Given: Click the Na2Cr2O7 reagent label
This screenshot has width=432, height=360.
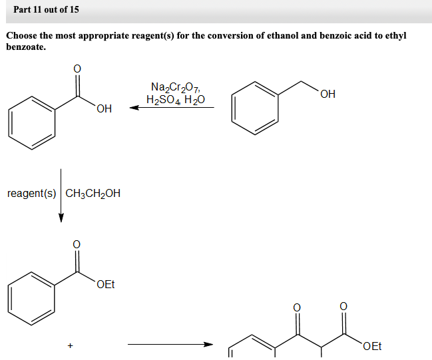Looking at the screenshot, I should (174, 87).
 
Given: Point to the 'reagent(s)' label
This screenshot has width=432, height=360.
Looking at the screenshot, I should (31, 194).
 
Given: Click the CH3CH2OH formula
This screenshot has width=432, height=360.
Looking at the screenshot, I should (93, 194).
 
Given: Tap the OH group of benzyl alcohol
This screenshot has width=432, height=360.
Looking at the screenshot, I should (327, 94).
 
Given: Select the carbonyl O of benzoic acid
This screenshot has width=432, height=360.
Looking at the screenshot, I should (77, 68).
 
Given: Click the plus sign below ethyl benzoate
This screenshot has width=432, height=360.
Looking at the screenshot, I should (69, 345).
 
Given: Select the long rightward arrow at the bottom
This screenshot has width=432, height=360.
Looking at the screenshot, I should (170, 344).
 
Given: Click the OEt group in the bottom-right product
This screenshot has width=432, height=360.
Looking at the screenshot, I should (373, 346).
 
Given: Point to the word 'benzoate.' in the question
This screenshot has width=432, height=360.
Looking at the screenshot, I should (26, 47).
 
